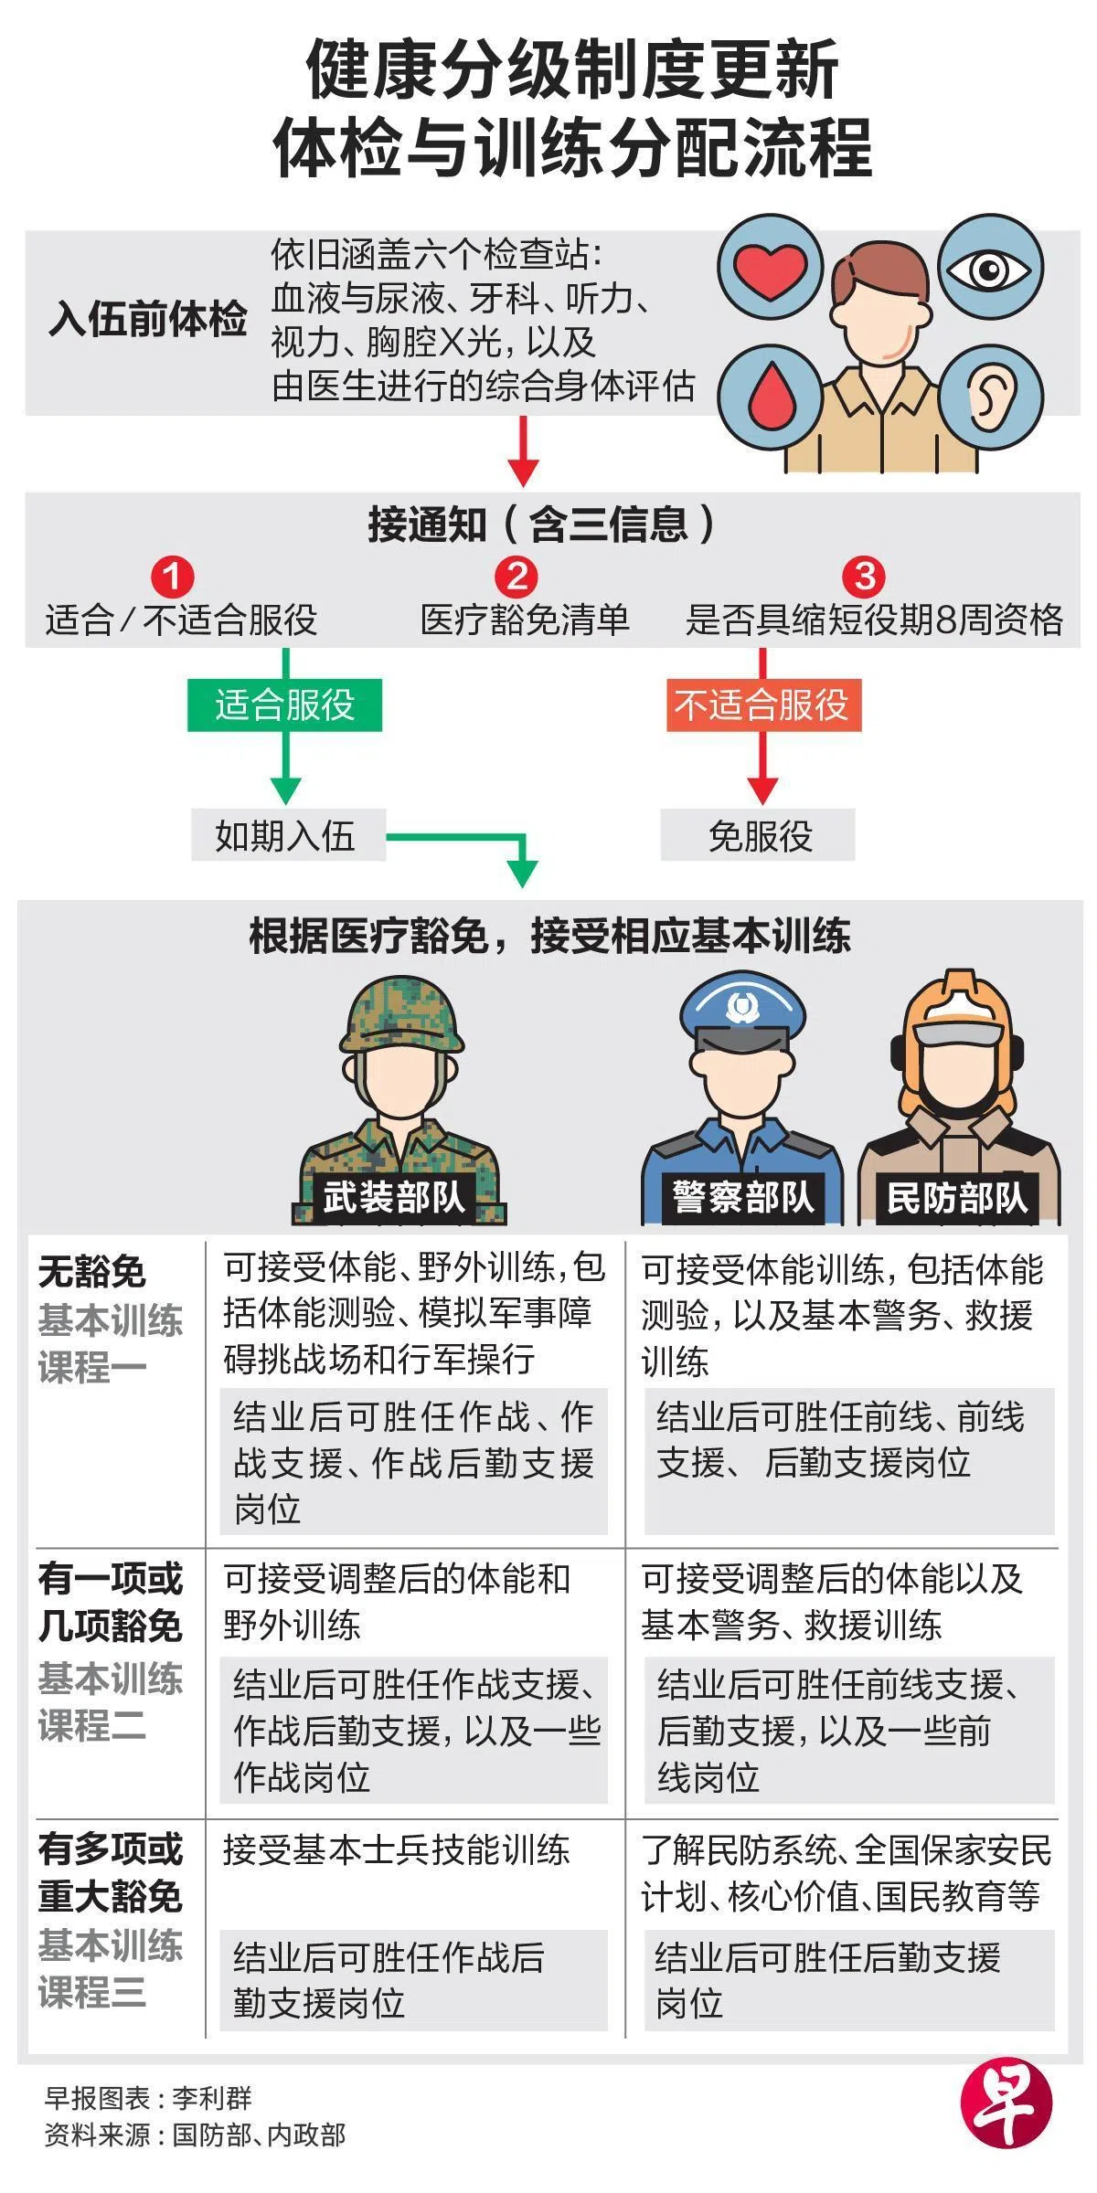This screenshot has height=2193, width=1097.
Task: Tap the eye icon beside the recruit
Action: [x=989, y=269]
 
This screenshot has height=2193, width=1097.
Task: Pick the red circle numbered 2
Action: [x=517, y=577]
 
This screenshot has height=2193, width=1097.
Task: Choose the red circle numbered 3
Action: [x=864, y=577]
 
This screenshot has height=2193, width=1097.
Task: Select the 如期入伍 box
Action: [x=287, y=835]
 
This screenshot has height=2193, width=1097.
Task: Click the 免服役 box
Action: [x=758, y=835]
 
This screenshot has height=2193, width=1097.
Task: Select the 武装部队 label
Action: [x=395, y=1198]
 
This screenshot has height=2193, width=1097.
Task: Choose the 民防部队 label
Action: [x=956, y=1198]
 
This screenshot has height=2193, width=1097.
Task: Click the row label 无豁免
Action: [x=92, y=1271]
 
